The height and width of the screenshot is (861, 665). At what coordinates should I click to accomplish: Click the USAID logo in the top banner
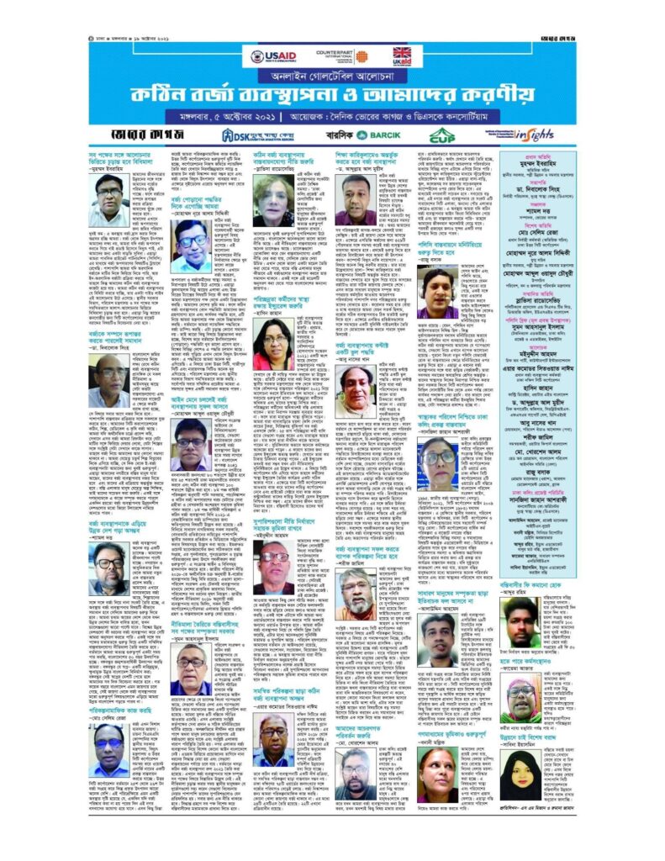pyautogui.click(x=269, y=56)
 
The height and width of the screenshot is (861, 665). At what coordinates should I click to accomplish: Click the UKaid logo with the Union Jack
pyautogui.click(x=402, y=56)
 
